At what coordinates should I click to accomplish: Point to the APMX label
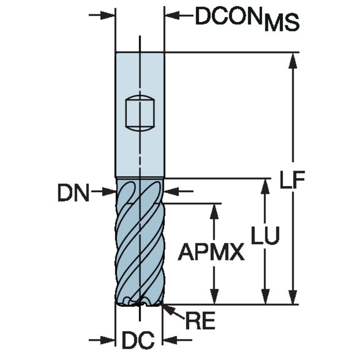[x=211, y=253]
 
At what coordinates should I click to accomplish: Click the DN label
[x=74, y=194]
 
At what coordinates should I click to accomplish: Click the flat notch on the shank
[x=140, y=113]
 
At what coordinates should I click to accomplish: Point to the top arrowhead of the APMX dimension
[x=215, y=211]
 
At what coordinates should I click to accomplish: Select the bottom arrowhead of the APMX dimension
[x=215, y=297]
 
